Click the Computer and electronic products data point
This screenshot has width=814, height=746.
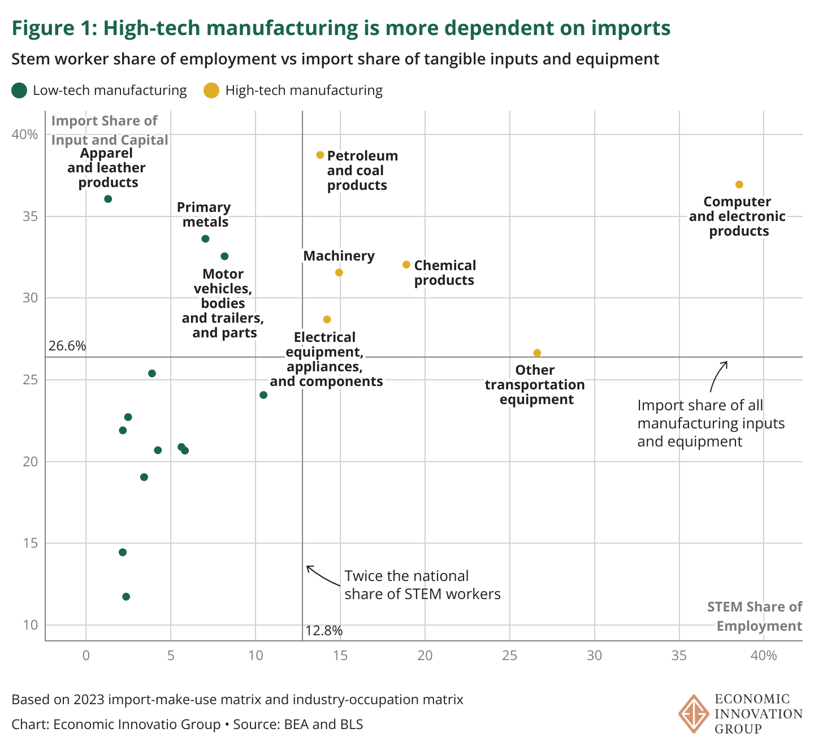click(739, 185)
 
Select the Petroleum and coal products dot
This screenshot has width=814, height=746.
click(320, 155)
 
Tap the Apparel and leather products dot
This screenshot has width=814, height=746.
click(108, 199)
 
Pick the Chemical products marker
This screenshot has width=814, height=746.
click(406, 264)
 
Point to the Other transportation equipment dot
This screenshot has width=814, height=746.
click(537, 353)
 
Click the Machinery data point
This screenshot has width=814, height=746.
click(339, 272)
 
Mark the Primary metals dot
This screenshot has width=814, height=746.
click(205, 239)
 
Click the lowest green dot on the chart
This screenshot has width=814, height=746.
click(126, 597)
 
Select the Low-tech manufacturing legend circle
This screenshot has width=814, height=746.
click(20, 90)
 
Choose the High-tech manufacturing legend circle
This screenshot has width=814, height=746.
click(211, 90)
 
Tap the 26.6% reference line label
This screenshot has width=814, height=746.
click(67, 346)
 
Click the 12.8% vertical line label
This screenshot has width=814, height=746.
click(324, 631)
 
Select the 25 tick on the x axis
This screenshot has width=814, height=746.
click(510, 656)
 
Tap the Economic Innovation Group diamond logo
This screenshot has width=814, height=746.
click(694, 713)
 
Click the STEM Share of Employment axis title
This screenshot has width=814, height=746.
click(755, 617)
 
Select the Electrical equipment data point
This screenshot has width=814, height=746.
click(327, 319)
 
